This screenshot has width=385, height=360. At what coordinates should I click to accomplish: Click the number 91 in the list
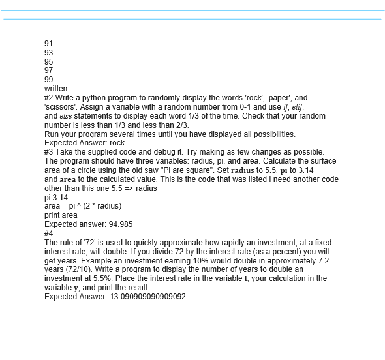pyautogui.click(x=48, y=44)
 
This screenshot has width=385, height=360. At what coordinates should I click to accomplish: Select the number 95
pyautogui.click(x=48, y=61)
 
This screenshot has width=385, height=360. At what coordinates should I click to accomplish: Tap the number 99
pyautogui.click(x=48, y=80)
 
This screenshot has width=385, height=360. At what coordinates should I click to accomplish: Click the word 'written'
pyautogui.click(x=55, y=89)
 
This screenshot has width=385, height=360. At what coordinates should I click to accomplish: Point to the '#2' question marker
pyautogui.click(x=49, y=98)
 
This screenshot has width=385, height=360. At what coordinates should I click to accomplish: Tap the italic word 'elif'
pyautogui.click(x=294, y=107)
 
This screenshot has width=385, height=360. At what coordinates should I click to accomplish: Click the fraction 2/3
pyautogui.click(x=179, y=125)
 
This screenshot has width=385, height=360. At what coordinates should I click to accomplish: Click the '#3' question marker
pyautogui.click(x=49, y=152)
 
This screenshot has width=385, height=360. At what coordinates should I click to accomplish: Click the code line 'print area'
pyautogui.click(x=60, y=215)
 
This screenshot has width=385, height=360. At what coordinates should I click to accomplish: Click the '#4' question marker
pyautogui.click(x=49, y=233)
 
